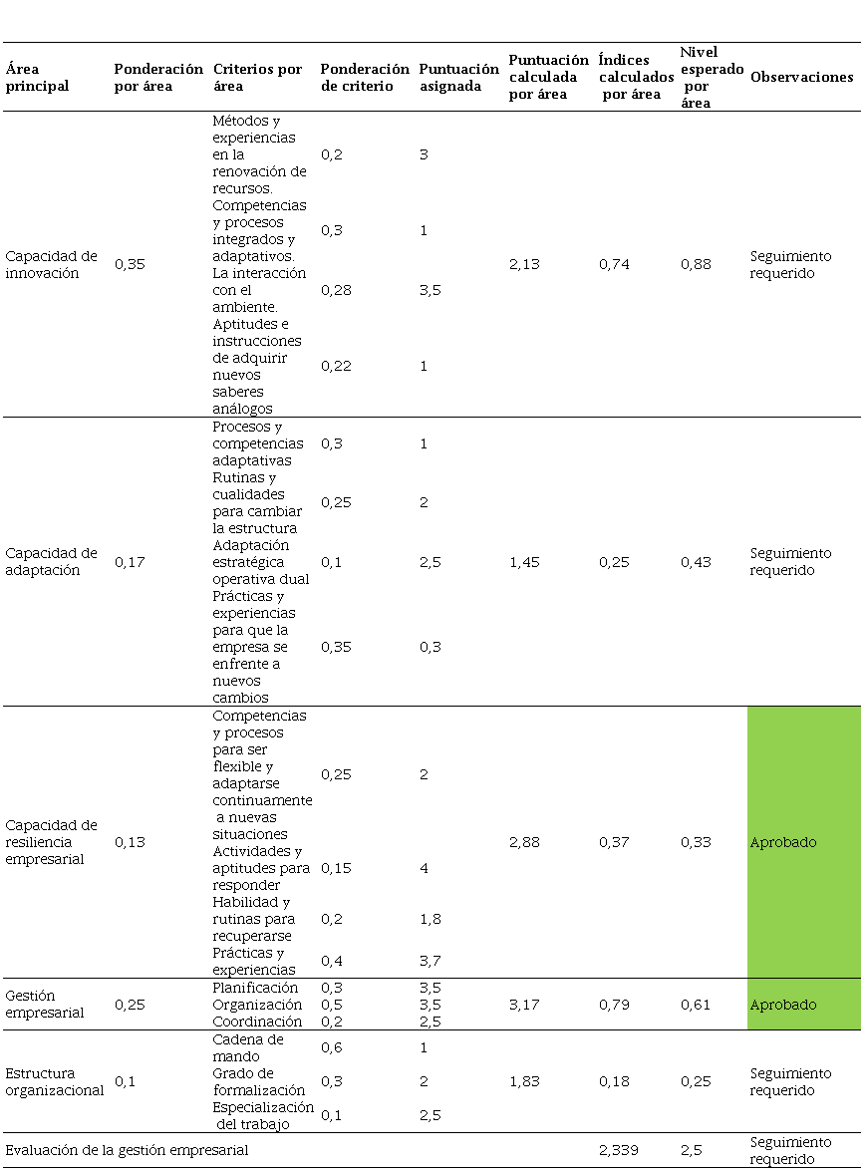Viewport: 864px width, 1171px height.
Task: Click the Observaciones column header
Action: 801,77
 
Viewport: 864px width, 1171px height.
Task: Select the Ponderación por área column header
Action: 157,77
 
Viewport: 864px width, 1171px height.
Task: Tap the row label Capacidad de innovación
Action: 51,264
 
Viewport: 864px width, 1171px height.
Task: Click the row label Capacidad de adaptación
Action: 51,561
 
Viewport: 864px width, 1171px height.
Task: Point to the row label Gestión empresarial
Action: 45,1004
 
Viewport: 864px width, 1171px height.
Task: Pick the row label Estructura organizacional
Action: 54,1081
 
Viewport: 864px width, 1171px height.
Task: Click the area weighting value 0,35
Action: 130,264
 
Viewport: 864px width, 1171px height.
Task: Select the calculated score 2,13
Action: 524,264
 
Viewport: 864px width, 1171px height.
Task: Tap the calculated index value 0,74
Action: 614,264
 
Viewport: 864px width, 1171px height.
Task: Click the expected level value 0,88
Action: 696,264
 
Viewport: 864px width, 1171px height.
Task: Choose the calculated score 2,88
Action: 524,842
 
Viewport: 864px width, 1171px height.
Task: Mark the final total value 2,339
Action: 619,1150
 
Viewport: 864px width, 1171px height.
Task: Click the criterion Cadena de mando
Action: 248,1047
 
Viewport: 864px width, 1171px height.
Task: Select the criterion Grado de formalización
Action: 257,1081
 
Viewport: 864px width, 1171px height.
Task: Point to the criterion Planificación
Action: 255,988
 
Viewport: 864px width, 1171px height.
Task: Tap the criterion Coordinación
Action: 256,1022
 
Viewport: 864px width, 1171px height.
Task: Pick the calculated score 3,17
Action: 524,1005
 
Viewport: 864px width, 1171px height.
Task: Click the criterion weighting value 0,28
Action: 336,290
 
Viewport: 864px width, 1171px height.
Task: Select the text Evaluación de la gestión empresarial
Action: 127,1150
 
